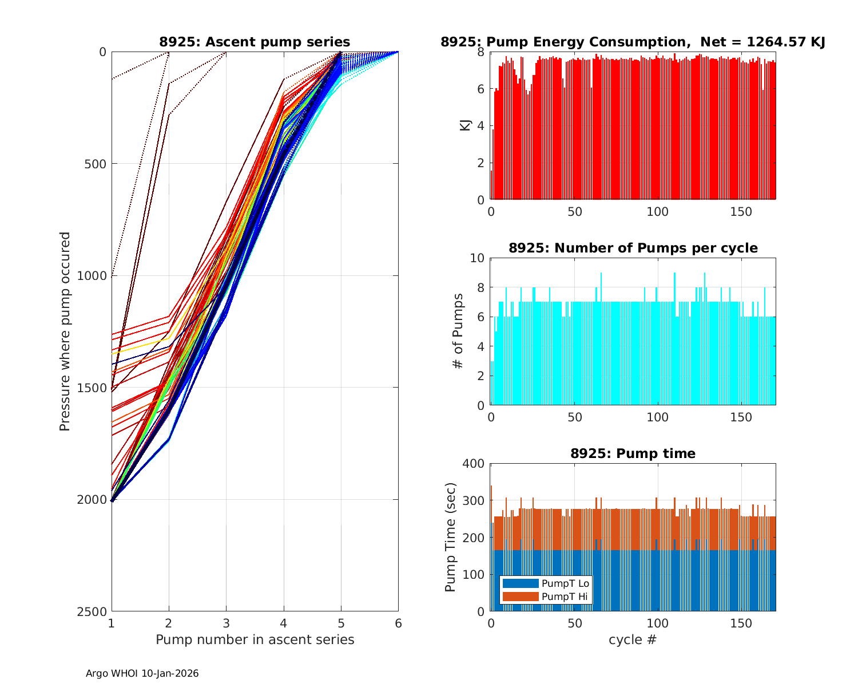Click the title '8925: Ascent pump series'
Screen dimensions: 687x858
tap(255, 42)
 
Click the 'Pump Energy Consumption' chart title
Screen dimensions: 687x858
tap(633, 42)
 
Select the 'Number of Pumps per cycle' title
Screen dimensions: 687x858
tap(633, 248)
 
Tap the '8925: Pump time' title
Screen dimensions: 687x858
tap(633, 453)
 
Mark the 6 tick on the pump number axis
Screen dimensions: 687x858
tap(398, 623)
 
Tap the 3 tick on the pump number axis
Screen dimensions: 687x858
tap(226, 623)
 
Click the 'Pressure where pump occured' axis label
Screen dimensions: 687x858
tap(65, 331)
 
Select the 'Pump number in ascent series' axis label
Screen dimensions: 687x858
tap(255, 639)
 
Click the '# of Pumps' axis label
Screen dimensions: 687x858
tap(458, 331)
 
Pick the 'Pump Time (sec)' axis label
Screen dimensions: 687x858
tap(451, 538)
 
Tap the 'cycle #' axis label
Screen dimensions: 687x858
tap(633, 639)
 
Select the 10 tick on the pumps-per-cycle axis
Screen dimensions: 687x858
tap(478, 258)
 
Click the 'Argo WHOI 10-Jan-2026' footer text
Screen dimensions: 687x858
tap(142, 673)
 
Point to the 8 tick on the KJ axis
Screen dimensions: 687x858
tap(480, 52)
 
